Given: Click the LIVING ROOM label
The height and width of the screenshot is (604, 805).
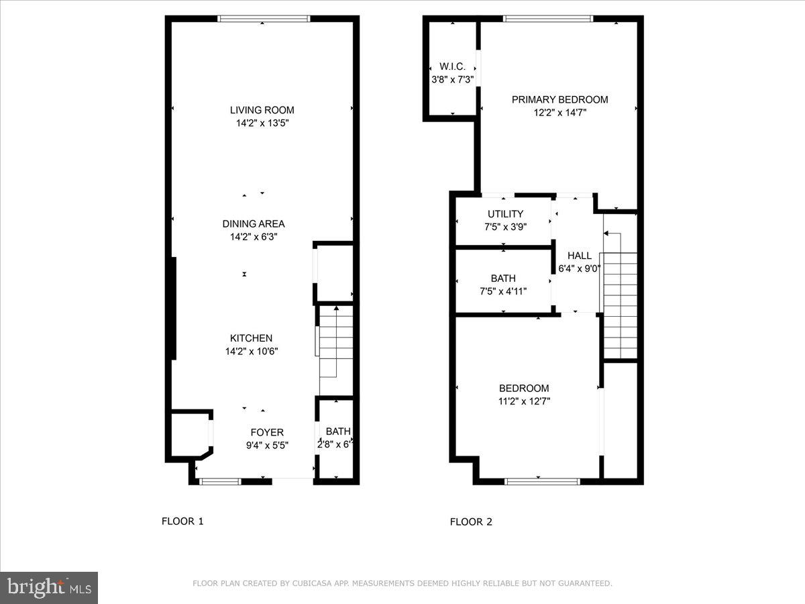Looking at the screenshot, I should [x=262, y=110].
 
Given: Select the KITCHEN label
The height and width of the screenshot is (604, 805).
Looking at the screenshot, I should [x=251, y=338].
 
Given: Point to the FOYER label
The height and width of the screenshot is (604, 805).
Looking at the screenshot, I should [x=266, y=432].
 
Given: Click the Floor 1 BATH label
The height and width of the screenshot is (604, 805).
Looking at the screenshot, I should [x=337, y=432].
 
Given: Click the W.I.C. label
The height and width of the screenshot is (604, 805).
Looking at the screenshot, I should [x=452, y=66].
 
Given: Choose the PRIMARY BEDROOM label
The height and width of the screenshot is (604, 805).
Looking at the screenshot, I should [x=559, y=99].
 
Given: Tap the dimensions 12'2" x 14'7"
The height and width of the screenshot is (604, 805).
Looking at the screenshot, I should [x=559, y=113].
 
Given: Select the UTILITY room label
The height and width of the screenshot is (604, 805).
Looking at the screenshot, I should [x=505, y=214].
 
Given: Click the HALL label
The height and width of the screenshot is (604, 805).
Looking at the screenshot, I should [x=579, y=256].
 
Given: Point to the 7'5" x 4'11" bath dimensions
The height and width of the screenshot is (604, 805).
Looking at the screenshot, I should [x=502, y=291].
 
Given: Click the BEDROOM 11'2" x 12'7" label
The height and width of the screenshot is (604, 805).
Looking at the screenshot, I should [x=523, y=388].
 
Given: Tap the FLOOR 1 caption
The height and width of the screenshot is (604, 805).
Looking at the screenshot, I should [x=182, y=521].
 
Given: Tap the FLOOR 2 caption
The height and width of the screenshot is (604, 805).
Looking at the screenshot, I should [x=471, y=521].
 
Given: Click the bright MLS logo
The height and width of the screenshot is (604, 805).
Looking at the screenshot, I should [x=49, y=588].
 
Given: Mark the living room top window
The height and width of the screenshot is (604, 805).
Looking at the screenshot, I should [x=264, y=19].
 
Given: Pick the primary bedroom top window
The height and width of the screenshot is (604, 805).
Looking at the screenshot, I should [x=548, y=19].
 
